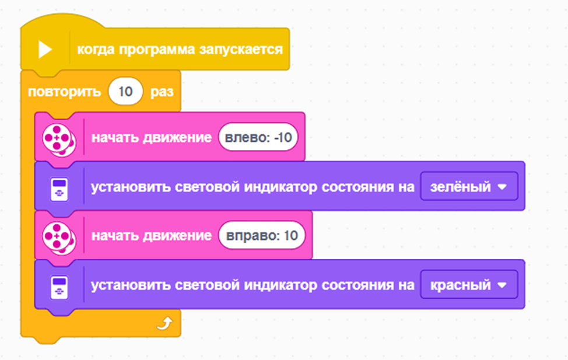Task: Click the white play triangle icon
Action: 45,50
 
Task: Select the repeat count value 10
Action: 125,92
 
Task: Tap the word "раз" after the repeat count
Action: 162,92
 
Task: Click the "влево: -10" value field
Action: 258,138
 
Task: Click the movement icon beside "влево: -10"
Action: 59,138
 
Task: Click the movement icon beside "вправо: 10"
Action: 59,236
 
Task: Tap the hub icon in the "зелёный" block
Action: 59,187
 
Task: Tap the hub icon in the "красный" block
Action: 59,286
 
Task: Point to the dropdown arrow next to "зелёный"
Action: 502,187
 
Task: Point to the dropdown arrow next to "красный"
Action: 502,286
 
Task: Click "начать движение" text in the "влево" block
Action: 151,138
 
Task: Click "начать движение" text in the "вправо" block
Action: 151,236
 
